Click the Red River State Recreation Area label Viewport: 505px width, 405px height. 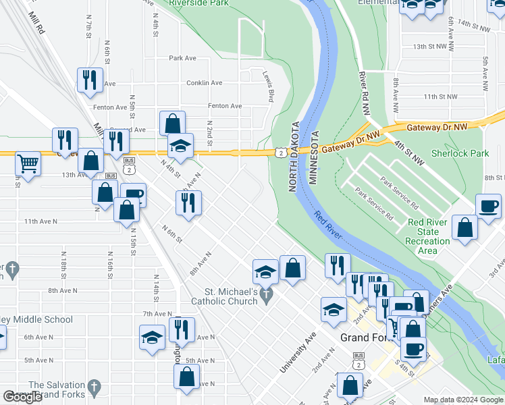(x=427, y=236)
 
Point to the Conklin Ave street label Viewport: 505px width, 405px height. (x=205, y=83)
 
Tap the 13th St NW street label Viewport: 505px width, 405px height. (x=430, y=47)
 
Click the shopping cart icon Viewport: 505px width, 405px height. (x=28, y=163)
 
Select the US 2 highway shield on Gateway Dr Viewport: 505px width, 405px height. (x=279, y=153)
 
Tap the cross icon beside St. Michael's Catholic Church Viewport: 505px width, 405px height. (x=267, y=294)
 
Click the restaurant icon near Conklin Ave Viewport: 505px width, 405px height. (x=90, y=80)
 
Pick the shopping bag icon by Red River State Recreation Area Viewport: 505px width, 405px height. (x=465, y=227)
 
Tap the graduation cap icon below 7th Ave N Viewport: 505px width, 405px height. (x=153, y=337)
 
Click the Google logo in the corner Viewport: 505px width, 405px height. (x=22, y=397)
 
